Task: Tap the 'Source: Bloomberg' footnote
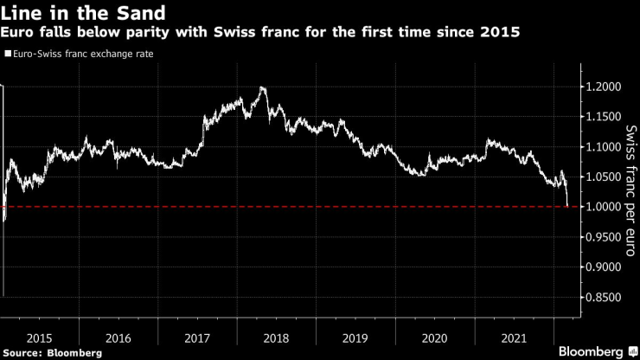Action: pos(52,352)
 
